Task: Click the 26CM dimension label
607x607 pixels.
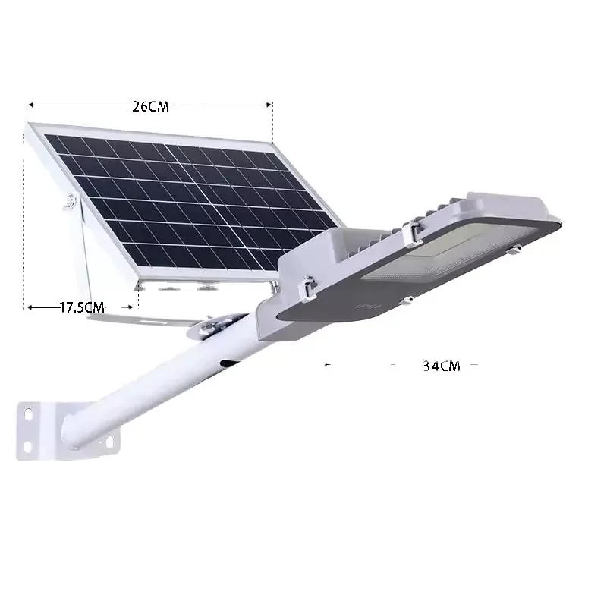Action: pos(150,106)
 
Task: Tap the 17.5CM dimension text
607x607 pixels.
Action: pos(82,307)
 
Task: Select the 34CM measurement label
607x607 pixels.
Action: pos(442,366)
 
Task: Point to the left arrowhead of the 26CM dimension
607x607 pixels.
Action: pos(31,105)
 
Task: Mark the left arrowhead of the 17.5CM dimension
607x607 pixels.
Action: pos(30,307)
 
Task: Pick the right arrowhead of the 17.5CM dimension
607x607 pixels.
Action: pos(130,307)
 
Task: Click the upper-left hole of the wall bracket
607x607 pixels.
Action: pos(29,414)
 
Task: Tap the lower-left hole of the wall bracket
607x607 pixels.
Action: pos(28,447)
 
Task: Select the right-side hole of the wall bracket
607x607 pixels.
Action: pos(109,442)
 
